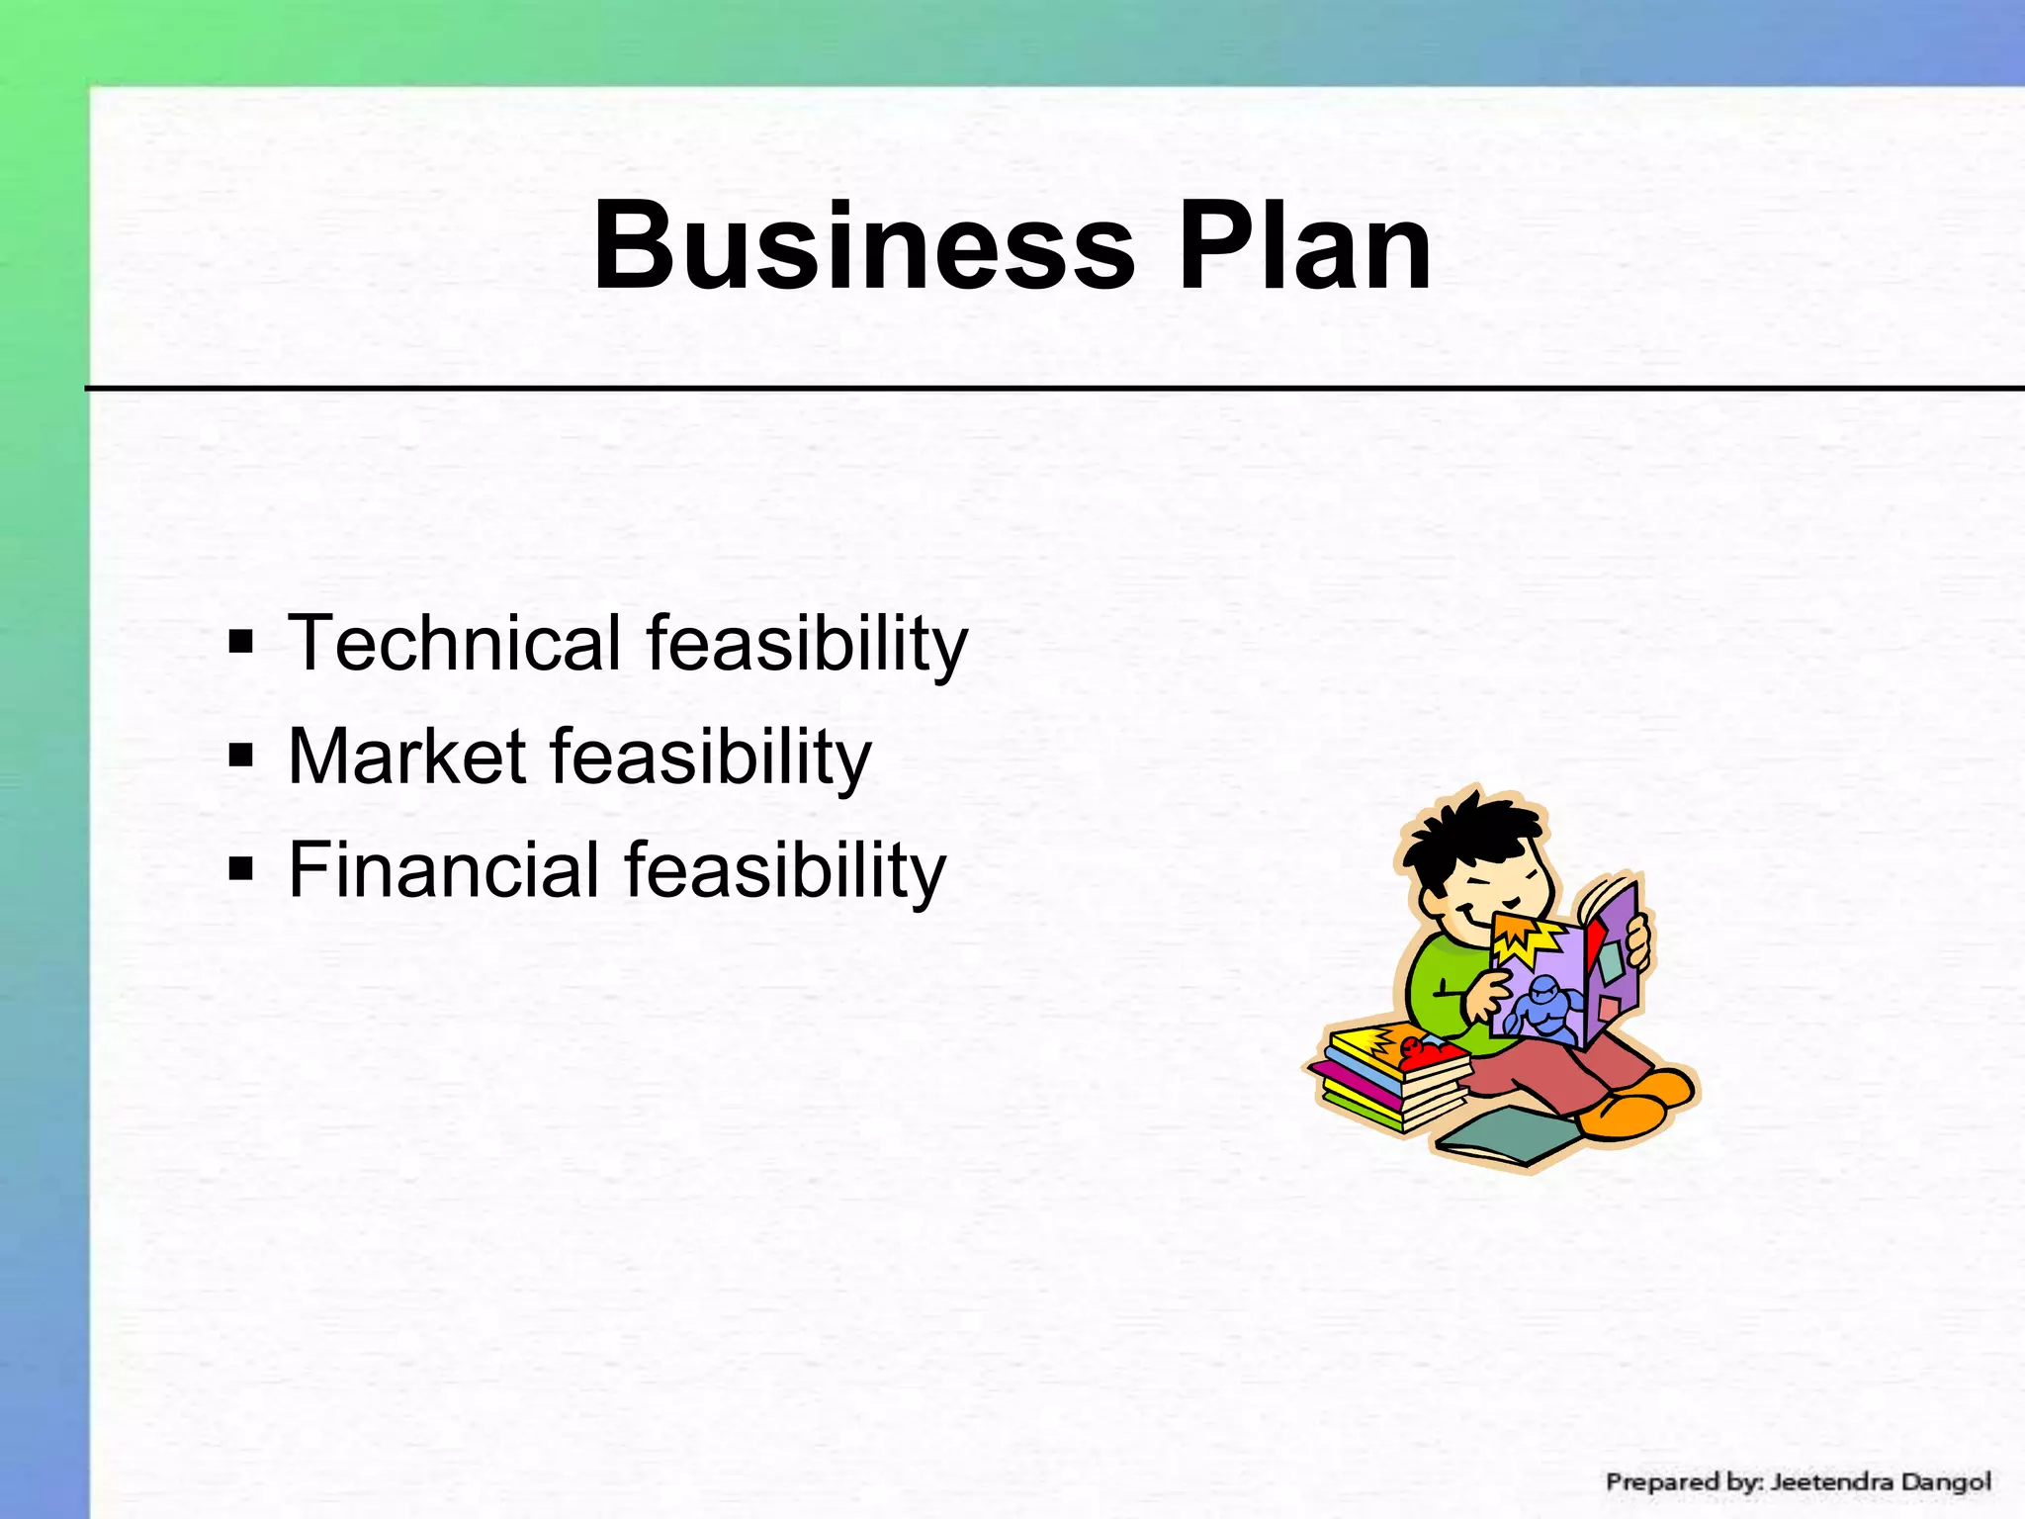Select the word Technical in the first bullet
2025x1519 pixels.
pos(454,642)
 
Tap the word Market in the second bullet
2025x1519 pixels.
pos(405,757)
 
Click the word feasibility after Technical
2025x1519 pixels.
pos(807,644)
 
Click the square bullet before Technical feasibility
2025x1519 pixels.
pos(240,643)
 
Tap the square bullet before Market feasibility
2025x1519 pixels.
pos(240,757)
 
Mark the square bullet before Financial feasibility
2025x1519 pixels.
pos(240,870)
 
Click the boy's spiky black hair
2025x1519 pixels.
pos(1463,836)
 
